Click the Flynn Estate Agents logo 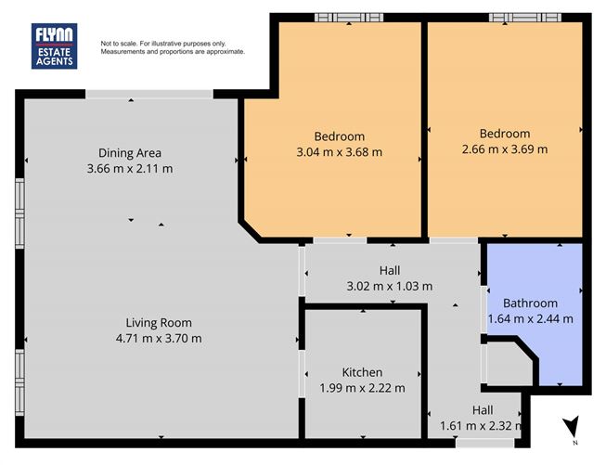coord(55,45)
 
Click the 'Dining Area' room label coord(130,153)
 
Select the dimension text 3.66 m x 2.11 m coord(130,169)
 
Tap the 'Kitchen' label coord(362,372)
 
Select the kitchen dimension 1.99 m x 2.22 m coord(362,388)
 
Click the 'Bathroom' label coord(530,304)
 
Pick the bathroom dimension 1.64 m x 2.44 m coord(530,319)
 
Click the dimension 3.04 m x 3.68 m coord(339,152)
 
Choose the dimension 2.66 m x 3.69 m coord(505,149)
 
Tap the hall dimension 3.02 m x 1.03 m coord(389,286)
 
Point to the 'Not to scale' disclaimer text coord(173,47)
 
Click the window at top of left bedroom coord(349,17)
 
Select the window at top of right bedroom coord(525,17)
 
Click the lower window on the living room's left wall coord(19,377)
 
